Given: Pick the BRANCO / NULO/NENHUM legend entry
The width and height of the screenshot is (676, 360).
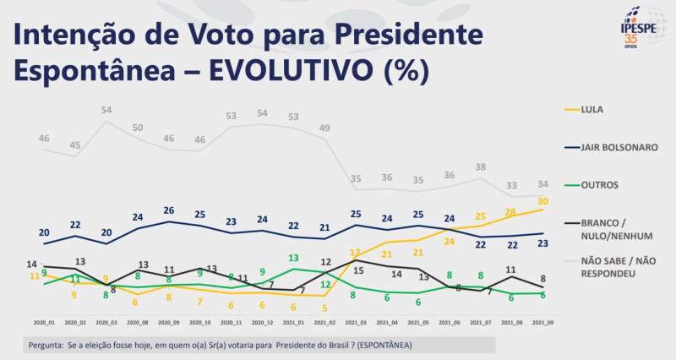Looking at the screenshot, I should pyautogui.click(x=607, y=229).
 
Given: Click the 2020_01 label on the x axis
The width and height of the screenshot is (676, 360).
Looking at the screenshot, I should pyautogui.click(x=43, y=322).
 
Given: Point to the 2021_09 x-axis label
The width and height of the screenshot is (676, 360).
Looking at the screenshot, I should pyautogui.click(x=543, y=322).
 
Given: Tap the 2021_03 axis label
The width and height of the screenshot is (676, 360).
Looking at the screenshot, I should pyautogui.click(x=356, y=322).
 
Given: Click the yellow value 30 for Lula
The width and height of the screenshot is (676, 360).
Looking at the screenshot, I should pyautogui.click(x=542, y=201).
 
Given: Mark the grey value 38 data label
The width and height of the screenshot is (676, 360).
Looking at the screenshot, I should pyautogui.click(x=480, y=167).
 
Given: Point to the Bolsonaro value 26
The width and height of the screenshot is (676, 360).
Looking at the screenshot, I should pyautogui.click(x=169, y=210).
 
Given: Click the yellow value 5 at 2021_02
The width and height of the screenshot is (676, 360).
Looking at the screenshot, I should pyautogui.click(x=324, y=308).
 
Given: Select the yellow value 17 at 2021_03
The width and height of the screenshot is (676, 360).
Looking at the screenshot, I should pyautogui.click(x=356, y=252).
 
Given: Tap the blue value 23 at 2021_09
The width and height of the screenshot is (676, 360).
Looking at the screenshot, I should pyautogui.click(x=542, y=243).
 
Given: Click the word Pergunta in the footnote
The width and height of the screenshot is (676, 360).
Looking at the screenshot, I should pyautogui.click(x=44, y=346).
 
